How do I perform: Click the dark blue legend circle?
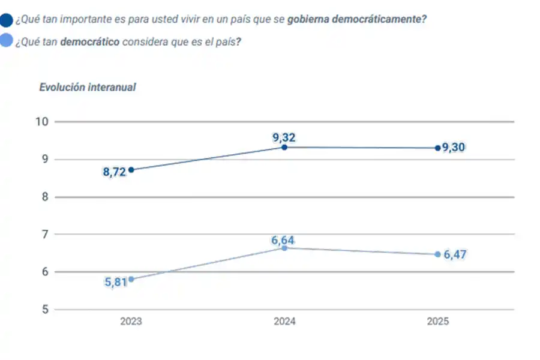tap(7, 20)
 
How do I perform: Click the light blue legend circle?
tap(7, 42)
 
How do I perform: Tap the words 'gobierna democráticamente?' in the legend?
tap(357, 19)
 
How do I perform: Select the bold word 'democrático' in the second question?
tap(89, 42)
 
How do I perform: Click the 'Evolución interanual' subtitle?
tap(88, 87)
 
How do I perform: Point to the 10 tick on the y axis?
tap(41, 122)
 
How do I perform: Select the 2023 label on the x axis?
tap(131, 322)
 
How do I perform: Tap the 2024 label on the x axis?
tap(284, 322)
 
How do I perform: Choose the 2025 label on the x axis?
tap(438, 322)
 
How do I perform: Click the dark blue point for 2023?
tap(131, 170)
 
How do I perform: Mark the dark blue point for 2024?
tap(284, 147)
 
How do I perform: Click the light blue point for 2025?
tap(438, 254)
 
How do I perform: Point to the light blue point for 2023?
tap(131, 279)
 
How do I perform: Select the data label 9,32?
tap(284, 137)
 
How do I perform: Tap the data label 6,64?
tap(283, 241)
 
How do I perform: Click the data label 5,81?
tap(116, 282)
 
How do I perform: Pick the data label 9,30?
tap(454, 148)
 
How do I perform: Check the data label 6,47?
tap(455, 255)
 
